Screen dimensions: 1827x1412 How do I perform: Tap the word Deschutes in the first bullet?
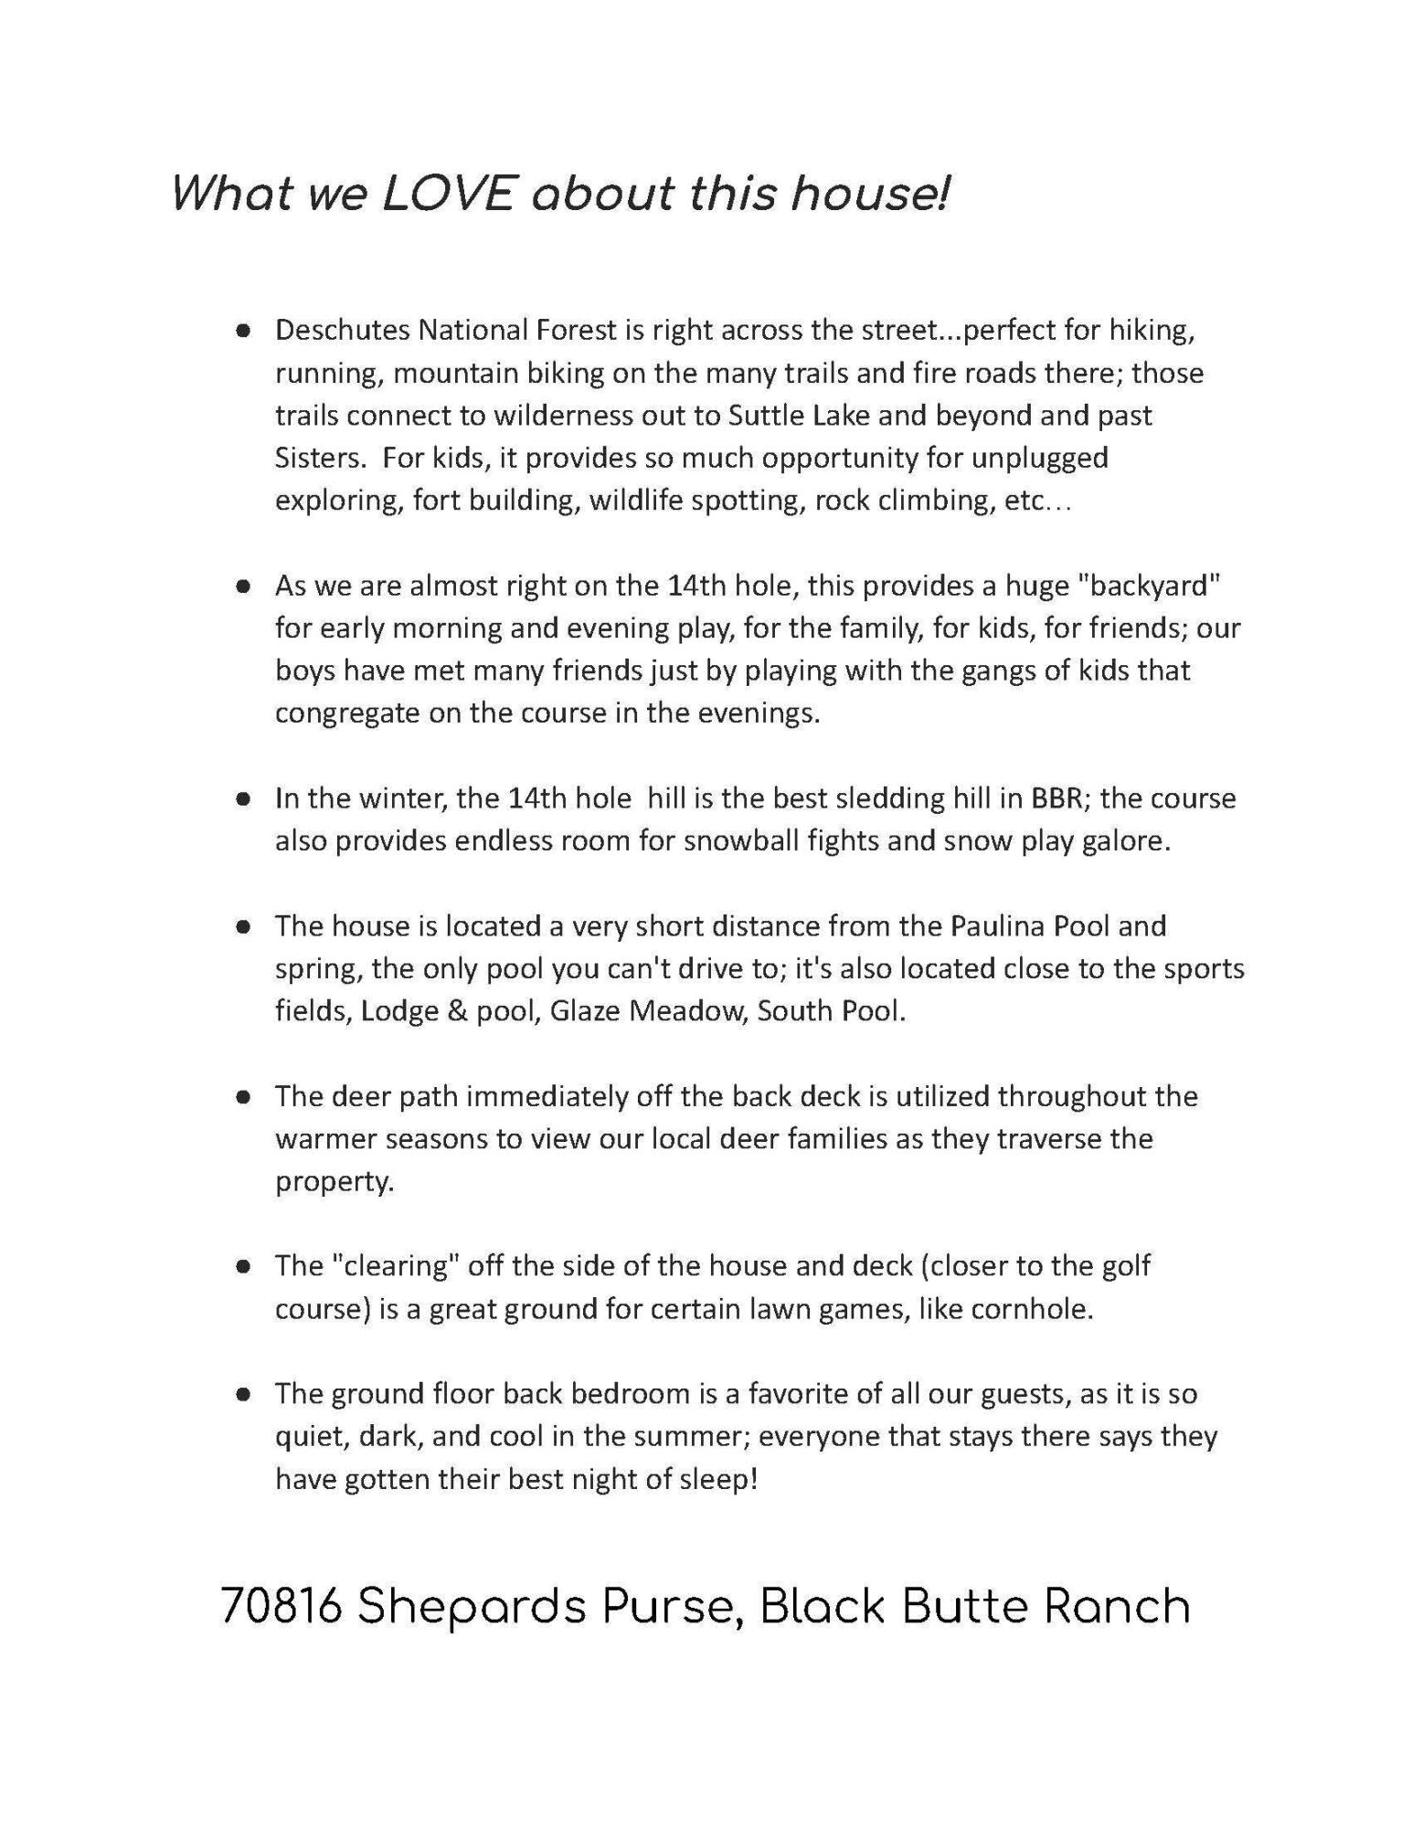coord(343,330)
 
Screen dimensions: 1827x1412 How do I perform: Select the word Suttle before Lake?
coord(763,416)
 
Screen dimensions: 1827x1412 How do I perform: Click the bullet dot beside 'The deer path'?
coord(242,1097)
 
